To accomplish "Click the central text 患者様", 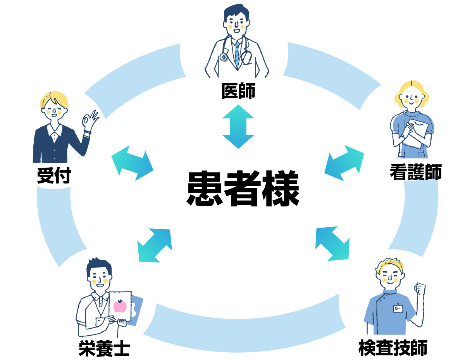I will [x=243, y=189].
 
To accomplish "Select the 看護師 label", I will [x=415, y=173].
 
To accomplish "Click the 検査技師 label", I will [x=393, y=348].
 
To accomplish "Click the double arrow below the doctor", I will [x=238, y=127].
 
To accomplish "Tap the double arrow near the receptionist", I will [x=132, y=163].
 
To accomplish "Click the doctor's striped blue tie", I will [x=237, y=54].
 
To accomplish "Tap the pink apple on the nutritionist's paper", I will [x=120, y=306].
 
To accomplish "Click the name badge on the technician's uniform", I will [x=398, y=309].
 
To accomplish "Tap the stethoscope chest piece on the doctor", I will [x=224, y=57].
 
